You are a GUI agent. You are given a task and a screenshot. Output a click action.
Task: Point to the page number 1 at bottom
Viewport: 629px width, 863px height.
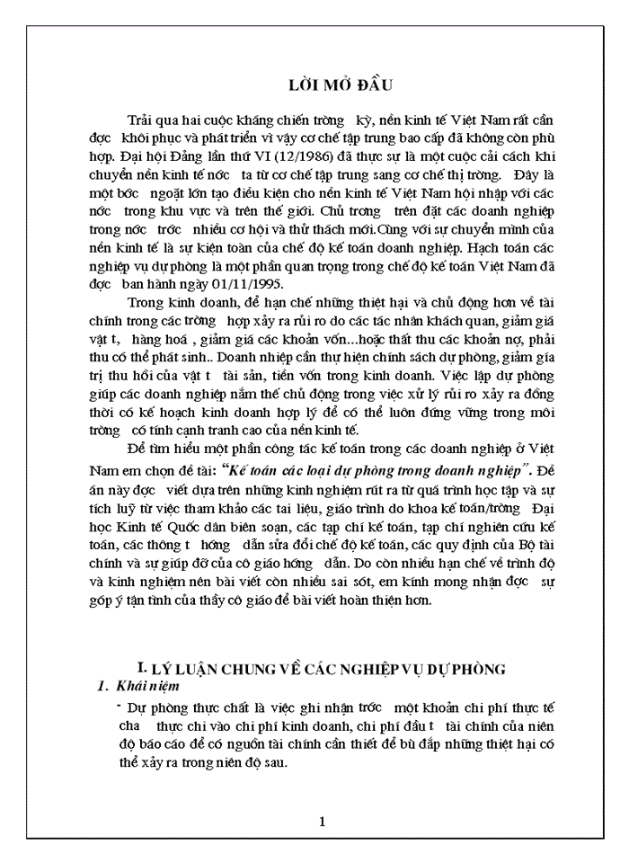(x=323, y=821)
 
